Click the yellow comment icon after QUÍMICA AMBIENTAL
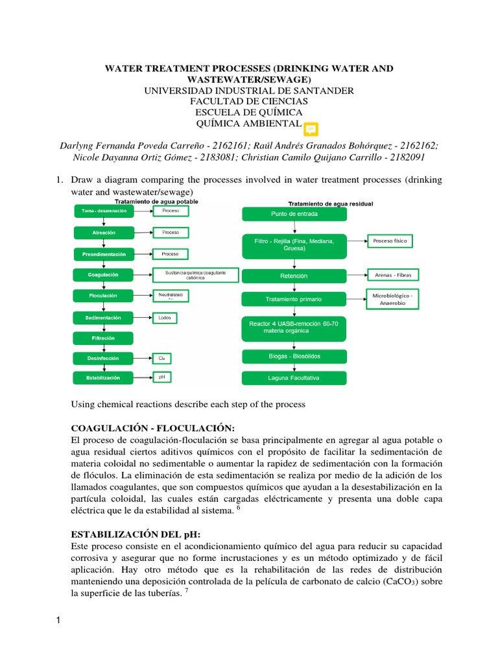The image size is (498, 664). tap(311, 128)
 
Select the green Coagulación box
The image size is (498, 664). tap(104, 274)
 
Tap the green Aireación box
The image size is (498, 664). tap(104, 231)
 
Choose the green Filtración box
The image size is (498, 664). tap(104, 338)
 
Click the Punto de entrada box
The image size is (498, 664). tap(294, 214)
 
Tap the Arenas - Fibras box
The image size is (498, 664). tap(393, 275)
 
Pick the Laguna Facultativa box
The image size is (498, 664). tap(294, 378)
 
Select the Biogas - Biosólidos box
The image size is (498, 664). tap(294, 357)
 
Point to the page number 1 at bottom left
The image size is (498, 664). tap(58, 623)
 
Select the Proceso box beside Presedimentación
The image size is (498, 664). tap(170, 254)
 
